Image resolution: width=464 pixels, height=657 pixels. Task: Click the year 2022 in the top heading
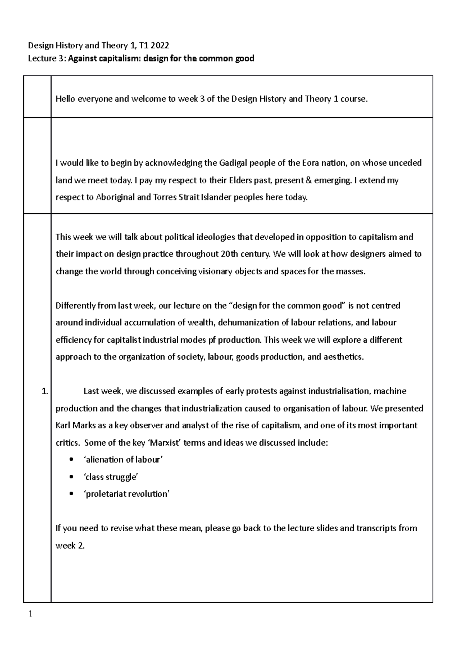click(160, 46)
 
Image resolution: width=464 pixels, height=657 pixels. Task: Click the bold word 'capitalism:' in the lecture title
click(121, 58)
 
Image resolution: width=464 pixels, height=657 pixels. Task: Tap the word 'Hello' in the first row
click(66, 99)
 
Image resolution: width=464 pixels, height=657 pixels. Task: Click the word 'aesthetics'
click(343, 357)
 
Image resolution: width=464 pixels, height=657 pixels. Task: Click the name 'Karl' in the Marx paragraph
click(63, 425)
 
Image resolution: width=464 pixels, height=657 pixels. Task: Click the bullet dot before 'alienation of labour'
click(70, 460)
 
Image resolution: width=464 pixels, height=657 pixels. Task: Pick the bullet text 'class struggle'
click(111, 477)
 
